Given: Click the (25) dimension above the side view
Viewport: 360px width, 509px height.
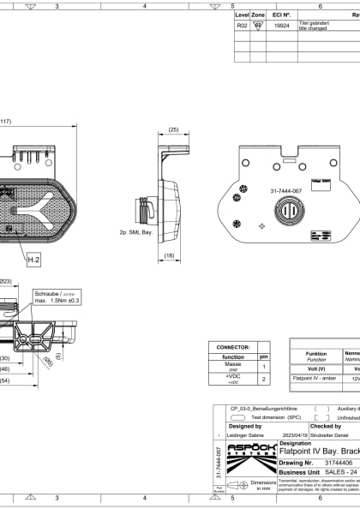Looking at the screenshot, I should pyautogui.click(x=173, y=129).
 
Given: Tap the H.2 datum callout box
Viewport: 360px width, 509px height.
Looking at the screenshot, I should pyautogui.click(x=33, y=258).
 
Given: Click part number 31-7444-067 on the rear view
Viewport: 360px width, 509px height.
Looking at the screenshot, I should pyautogui.click(x=285, y=191).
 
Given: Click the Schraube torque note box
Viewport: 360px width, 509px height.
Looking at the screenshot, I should pyautogui.click(x=57, y=296).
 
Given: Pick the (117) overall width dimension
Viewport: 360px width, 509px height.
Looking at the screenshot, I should pyautogui.click(x=4, y=121).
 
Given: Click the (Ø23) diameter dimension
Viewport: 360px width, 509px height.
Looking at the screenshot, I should pyautogui.click(x=4, y=280).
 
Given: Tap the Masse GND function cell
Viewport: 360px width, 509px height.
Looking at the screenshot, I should pyautogui.click(x=232, y=366).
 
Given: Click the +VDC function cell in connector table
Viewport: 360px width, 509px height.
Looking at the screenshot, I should pyautogui.click(x=232, y=379).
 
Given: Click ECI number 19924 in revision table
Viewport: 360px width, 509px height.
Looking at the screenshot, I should pyautogui.click(x=281, y=27).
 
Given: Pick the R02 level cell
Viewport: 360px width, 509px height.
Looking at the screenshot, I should pyautogui.click(x=242, y=27).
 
